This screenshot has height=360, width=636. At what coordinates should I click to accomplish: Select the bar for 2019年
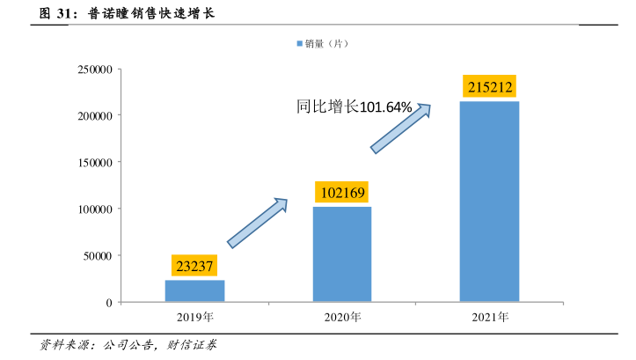click(x=194, y=290)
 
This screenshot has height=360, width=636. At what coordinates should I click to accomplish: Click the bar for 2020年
click(x=342, y=254)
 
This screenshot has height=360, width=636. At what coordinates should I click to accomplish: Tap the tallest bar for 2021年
click(x=490, y=202)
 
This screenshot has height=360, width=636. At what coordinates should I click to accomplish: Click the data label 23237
click(x=194, y=266)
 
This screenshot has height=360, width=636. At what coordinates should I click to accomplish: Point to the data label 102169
click(x=342, y=193)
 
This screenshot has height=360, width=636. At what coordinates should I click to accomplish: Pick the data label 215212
click(x=490, y=87)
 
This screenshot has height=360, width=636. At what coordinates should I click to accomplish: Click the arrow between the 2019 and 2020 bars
click(x=258, y=223)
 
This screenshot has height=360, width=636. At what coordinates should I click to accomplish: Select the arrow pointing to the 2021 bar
click(x=400, y=129)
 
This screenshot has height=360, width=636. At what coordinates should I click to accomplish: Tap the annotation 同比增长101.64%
click(x=354, y=107)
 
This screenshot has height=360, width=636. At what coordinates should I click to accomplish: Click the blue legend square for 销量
click(x=299, y=42)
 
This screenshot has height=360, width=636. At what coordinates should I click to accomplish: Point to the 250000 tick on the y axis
click(x=94, y=69)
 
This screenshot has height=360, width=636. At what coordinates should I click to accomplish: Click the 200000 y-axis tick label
click(x=94, y=115)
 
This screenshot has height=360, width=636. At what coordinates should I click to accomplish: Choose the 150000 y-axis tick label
click(x=94, y=162)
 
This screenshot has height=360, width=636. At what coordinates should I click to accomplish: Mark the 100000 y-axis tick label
click(x=94, y=209)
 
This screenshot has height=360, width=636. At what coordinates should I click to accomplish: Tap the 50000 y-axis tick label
click(x=98, y=255)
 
